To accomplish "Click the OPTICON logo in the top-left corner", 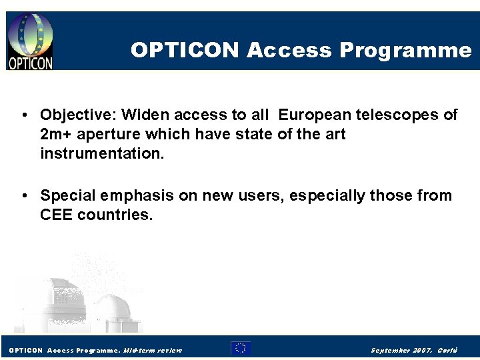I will tap(30, 41).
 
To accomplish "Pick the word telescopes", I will tap(406, 115).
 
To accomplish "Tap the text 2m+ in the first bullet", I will tap(56, 135).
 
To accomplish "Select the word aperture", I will tap(109, 135).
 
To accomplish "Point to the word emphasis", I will tap(131, 196).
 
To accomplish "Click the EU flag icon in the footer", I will tap(241, 348).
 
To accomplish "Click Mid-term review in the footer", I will tap(153, 350).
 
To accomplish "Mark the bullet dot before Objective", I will tap(24, 115).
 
